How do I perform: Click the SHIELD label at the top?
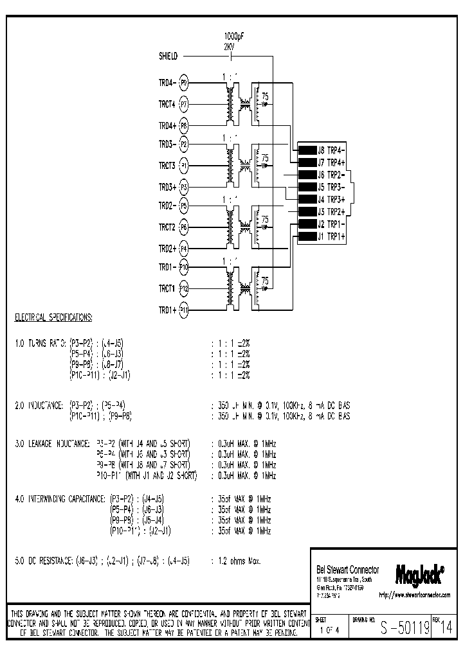pos(168,57)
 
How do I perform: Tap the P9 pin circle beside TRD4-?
pos(184,83)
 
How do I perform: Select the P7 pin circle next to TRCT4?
pos(184,103)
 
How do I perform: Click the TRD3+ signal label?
pos(167,188)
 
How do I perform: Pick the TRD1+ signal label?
pos(167,310)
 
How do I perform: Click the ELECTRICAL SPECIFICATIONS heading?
pos(53,318)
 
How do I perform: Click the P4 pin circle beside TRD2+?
pos(184,248)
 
